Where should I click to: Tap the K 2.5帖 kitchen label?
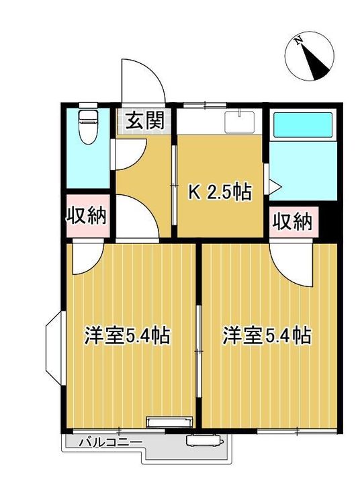(219, 192)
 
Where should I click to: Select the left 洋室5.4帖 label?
(126, 334)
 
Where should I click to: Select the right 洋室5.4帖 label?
(267, 334)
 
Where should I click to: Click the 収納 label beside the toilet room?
(87, 216)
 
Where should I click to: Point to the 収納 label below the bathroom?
(293, 221)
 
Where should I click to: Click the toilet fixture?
(87, 126)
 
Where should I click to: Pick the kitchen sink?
(239, 124)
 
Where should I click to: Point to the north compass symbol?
(311, 58)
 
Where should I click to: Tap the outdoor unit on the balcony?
(204, 442)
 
